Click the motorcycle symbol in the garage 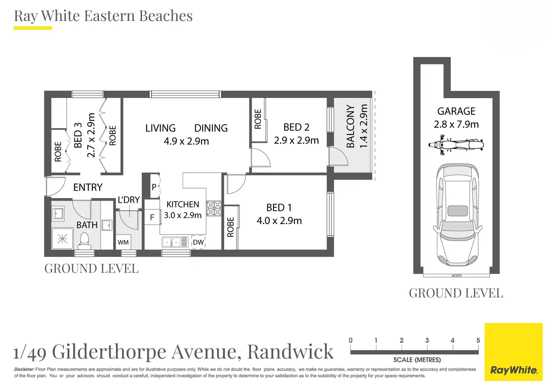point(456,145)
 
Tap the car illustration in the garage point(457,214)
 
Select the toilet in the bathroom point(84,241)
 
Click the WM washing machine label point(123,242)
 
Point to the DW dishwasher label point(198,242)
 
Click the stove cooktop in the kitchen point(214,209)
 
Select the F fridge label point(152,217)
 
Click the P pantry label point(154,187)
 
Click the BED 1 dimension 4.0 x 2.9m point(279,221)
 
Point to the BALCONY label point(350,126)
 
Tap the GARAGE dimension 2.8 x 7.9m point(456,124)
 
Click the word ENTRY point(88,187)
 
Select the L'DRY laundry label point(129,200)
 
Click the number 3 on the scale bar point(427,341)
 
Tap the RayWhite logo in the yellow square point(513,370)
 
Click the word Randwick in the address point(290,351)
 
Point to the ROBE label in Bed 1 point(231,227)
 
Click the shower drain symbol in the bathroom point(62,238)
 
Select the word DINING point(211,128)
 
